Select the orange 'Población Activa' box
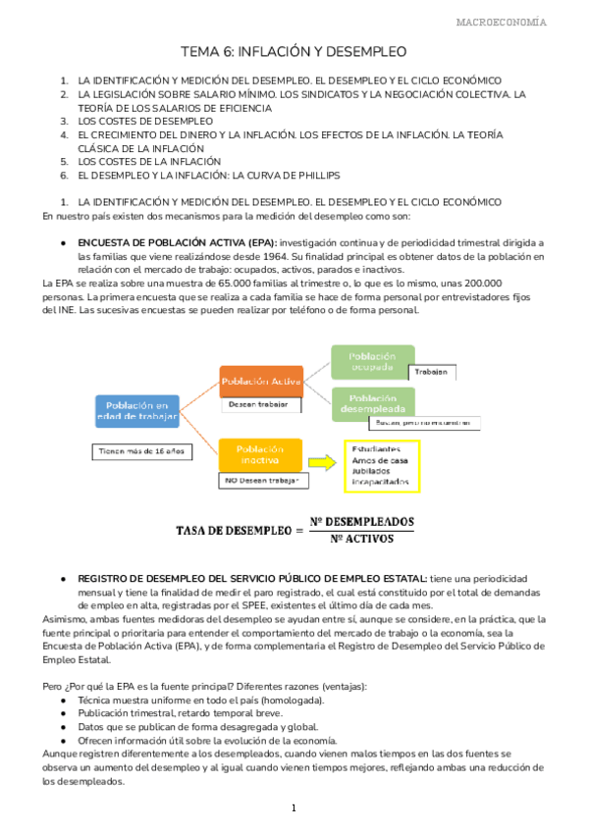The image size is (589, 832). (x=260, y=381)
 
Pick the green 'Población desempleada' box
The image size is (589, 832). (x=371, y=402)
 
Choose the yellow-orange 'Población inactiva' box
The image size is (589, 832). (x=260, y=453)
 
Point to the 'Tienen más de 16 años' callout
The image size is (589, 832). (x=141, y=452)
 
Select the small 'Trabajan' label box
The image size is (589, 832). (x=430, y=373)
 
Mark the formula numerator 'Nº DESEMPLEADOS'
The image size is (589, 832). (x=361, y=521)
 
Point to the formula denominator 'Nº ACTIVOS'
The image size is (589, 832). (x=361, y=539)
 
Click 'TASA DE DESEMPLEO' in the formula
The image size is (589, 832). (x=233, y=530)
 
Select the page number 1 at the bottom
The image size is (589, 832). (x=294, y=808)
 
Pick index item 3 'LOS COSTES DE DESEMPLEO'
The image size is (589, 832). (x=144, y=121)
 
